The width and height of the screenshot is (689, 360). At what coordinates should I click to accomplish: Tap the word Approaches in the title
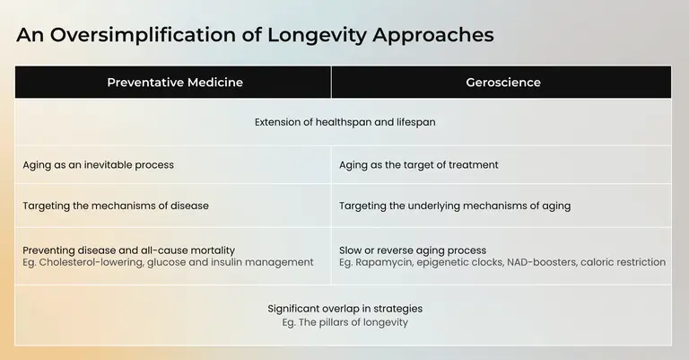(433, 36)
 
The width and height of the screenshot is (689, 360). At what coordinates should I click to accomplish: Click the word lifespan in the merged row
(416, 122)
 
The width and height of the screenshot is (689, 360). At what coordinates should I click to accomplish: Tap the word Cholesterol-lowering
(91, 262)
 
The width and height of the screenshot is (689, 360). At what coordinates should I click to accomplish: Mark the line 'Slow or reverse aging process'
(413, 250)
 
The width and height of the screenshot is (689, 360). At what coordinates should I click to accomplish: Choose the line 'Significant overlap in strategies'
(344, 309)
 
